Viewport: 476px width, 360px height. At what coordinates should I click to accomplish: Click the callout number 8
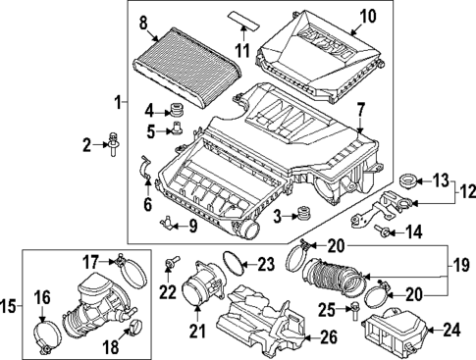(x=143, y=23)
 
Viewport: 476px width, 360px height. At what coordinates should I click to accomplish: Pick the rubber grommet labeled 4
(x=178, y=107)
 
